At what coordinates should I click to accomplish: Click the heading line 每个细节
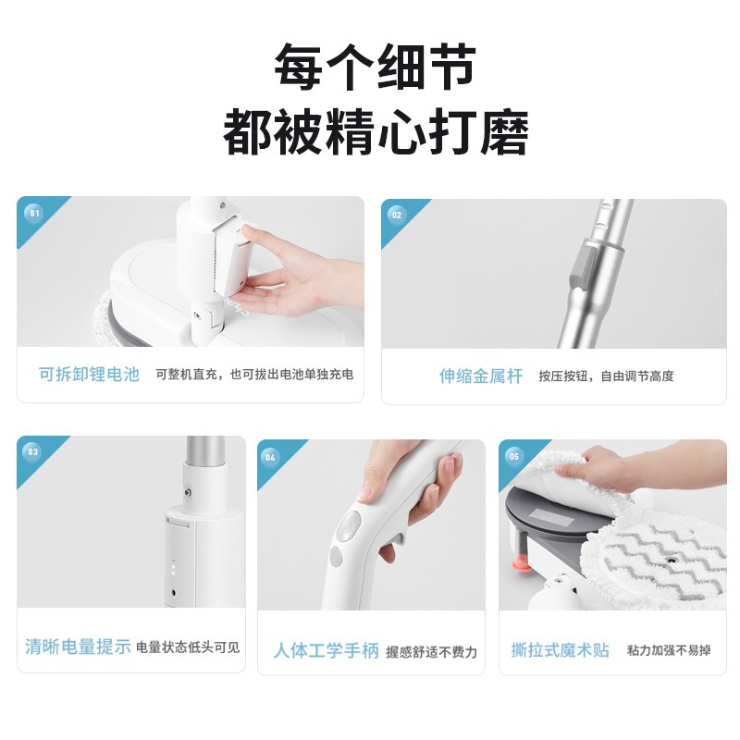(376, 67)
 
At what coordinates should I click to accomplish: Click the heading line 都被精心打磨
(376, 132)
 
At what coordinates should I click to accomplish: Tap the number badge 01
(34, 214)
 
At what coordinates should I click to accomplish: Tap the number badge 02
(397, 216)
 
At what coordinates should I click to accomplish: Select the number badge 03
(32, 451)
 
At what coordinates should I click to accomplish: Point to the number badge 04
(270, 457)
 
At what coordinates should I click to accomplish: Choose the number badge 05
(514, 456)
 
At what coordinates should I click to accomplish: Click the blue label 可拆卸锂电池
(89, 375)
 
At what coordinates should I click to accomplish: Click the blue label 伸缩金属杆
(481, 376)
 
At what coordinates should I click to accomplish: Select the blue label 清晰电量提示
(78, 647)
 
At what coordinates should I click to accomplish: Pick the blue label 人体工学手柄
(327, 650)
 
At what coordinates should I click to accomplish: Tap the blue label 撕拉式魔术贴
(560, 650)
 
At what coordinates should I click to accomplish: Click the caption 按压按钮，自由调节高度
(606, 376)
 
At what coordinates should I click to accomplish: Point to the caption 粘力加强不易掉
(669, 650)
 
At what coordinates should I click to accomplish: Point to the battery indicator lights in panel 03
(173, 566)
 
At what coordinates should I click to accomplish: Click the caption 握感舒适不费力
(431, 652)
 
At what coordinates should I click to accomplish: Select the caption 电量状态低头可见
(188, 647)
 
